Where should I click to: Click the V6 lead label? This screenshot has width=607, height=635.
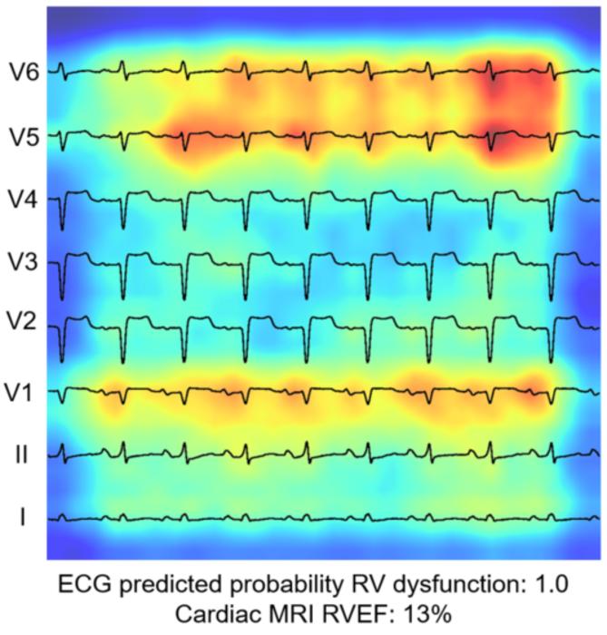point(24,72)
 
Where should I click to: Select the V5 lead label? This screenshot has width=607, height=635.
point(24,136)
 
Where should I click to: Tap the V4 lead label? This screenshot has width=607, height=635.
point(24,200)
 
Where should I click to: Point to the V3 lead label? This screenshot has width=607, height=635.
point(24,264)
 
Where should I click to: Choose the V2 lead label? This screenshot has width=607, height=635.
point(24,327)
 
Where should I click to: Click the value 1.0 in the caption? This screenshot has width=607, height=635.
point(561,581)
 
